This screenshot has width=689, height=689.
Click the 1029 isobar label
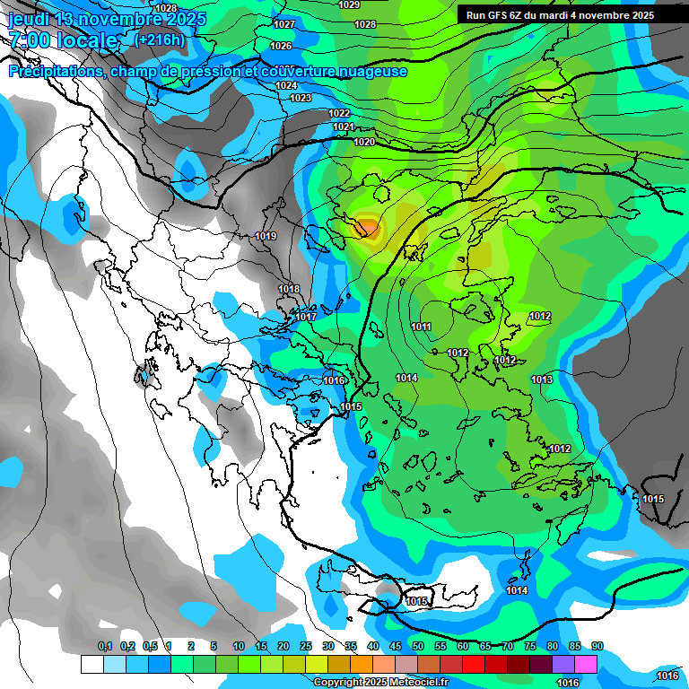point(349,4)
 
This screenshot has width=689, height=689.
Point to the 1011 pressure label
point(421,327)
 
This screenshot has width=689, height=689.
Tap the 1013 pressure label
point(541,379)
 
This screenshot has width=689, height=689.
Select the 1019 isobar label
point(266,236)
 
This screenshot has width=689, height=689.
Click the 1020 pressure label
point(363,142)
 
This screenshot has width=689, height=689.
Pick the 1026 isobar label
point(281,46)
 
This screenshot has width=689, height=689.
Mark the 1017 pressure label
point(306,317)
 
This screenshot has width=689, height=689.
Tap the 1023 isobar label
point(301,98)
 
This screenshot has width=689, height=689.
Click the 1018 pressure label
point(289,289)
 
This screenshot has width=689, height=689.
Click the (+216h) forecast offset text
point(160,39)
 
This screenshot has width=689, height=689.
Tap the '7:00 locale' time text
point(63,40)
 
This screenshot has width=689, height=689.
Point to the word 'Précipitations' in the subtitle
point(56,72)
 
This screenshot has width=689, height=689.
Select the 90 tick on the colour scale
point(597,646)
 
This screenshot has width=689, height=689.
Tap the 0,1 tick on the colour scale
point(104,646)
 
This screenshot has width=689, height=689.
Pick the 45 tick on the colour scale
point(396,646)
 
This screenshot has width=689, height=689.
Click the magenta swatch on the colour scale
point(586,664)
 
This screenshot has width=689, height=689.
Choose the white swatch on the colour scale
point(92,664)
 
